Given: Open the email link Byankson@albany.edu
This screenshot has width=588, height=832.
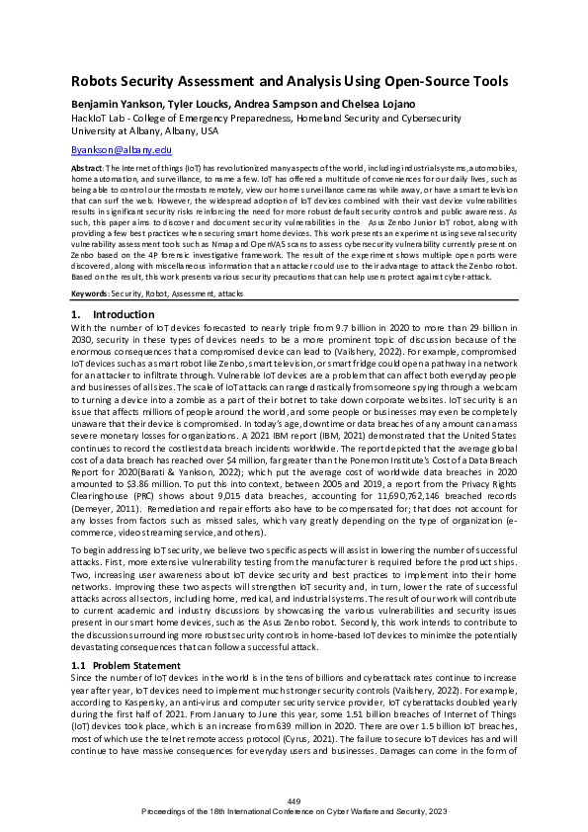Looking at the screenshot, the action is click(x=123, y=148).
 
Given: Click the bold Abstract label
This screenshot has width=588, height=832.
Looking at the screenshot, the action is click(x=87, y=169).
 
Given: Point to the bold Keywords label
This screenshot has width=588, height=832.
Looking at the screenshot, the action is click(x=90, y=293).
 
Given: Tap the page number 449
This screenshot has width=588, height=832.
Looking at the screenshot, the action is click(x=294, y=799).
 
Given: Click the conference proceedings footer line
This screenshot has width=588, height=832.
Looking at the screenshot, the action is click(x=294, y=809).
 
